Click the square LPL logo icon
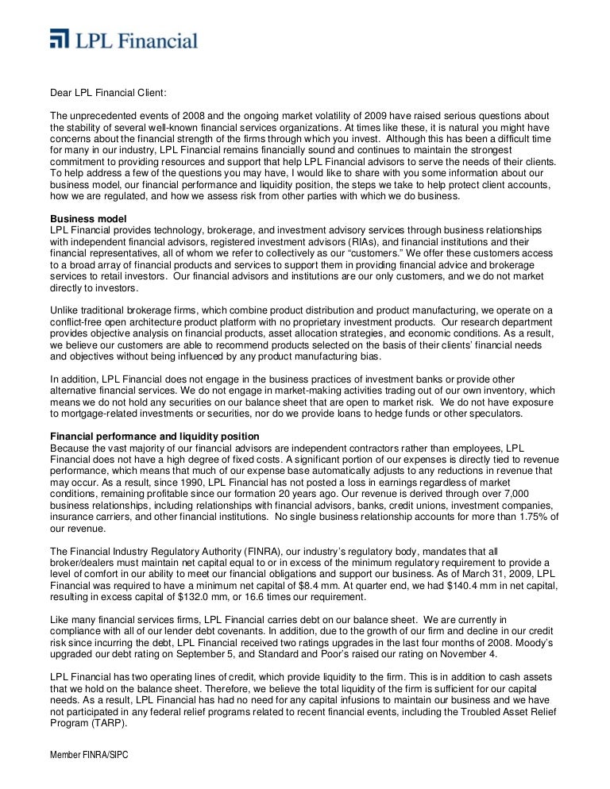(x=60, y=40)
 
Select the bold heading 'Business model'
(x=88, y=218)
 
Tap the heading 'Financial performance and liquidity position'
(x=155, y=437)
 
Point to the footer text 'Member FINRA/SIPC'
(x=89, y=756)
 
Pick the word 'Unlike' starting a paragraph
(x=65, y=310)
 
